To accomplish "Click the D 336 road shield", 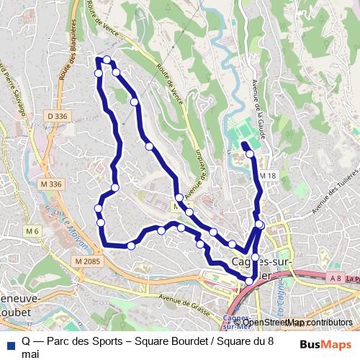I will (x=58, y=116).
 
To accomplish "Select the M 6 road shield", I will (x=32, y=231).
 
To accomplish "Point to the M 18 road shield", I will (x=268, y=176).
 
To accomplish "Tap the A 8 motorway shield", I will (x=335, y=278).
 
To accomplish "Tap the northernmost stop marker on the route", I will (x=107, y=60).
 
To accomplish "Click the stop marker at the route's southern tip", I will (x=249, y=282).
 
